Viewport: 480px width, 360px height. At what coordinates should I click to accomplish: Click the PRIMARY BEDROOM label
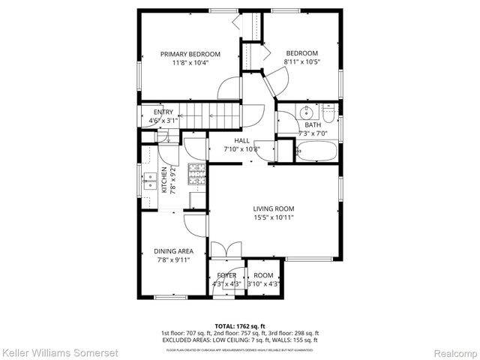tap(190, 54)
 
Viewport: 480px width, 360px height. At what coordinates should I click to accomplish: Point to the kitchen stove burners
tap(196, 174)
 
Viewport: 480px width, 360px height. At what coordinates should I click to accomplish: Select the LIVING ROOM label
tap(273, 208)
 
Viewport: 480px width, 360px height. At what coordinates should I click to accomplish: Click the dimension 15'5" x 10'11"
tap(273, 217)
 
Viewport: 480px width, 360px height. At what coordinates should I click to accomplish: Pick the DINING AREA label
tap(173, 251)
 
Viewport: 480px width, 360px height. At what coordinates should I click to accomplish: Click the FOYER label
tap(226, 275)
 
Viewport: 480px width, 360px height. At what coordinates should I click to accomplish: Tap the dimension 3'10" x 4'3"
tap(263, 284)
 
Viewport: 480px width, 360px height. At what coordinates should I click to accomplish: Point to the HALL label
tap(241, 140)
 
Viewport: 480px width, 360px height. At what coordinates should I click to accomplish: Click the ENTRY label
tap(152, 112)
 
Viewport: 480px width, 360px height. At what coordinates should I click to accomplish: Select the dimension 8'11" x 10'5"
tap(301, 62)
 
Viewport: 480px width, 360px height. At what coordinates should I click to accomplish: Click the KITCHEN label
tap(165, 180)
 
